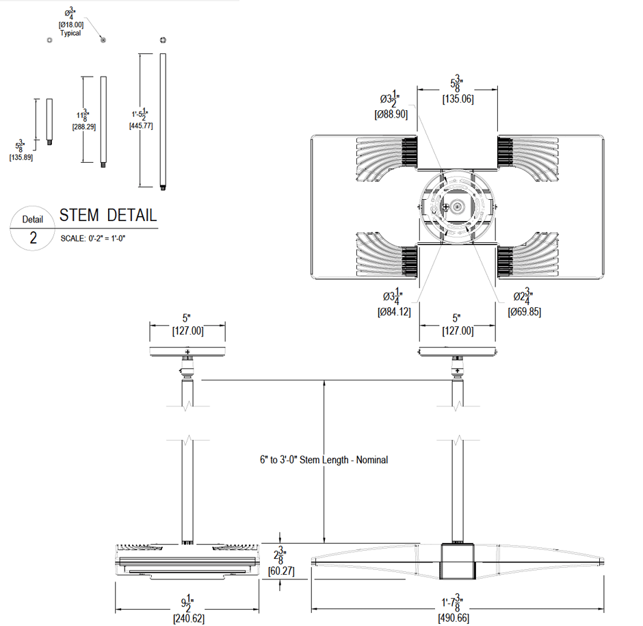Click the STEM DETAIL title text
click(x=108, y=216)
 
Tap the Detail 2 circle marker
click(x=33, y=229)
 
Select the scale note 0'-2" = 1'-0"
click(x=94, y=237)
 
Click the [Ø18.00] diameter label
click(x=70, y=25)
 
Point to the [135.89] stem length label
click(x=21, y=157)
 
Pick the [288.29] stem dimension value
click(x=84, y=127)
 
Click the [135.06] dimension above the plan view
click(x=458, y=99)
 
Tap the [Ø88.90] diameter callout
click(x=391, y=114)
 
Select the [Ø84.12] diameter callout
click(x=393, y=312)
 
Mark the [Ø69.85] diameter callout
click(x=524, y=312)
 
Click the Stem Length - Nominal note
click(x=319, y=460)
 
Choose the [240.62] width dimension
click(x=187, y=618)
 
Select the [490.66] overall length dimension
click(x=455, y=618)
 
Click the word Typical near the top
click(x=70, y=33)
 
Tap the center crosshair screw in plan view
click(x=445, y=206)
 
